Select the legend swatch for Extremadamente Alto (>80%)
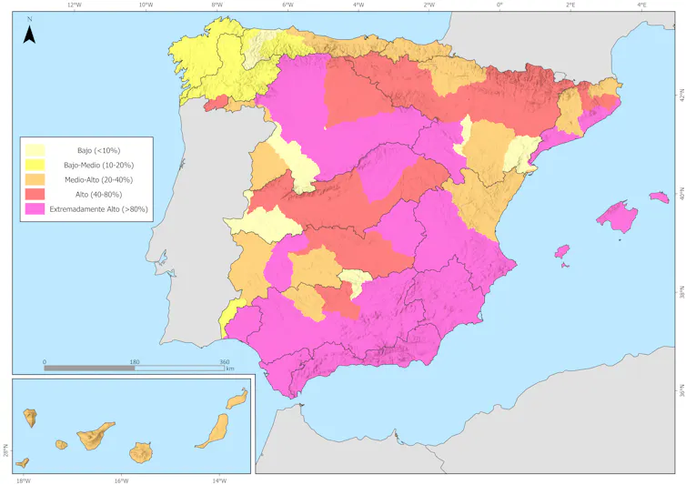35,209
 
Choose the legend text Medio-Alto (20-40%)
99,179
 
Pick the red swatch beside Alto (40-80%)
35,195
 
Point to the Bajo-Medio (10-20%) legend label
99,165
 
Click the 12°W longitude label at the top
75,5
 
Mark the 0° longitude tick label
499,5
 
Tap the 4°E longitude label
641,5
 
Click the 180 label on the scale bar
135,362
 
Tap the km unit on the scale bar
230,369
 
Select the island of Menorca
659,196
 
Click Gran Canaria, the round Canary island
141,451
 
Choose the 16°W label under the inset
121,480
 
